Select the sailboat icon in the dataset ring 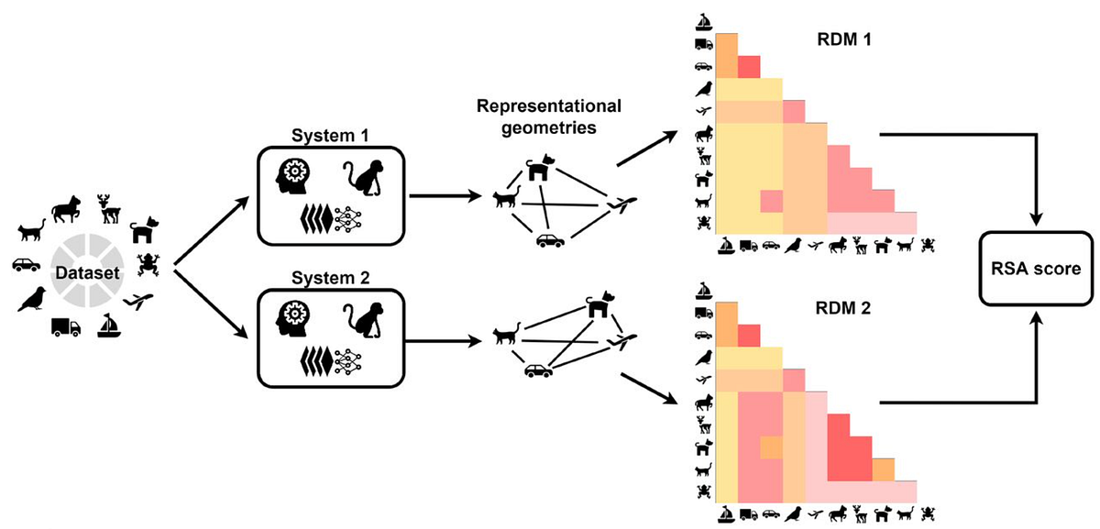pos(109,325)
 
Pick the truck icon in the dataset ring pos(65,325)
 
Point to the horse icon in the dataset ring pos(69,208)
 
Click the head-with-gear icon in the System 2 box pos(295,313)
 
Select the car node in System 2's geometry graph pos(538,371)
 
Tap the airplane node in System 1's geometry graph pos(620,203)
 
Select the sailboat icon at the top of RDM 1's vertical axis pos(704,21)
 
